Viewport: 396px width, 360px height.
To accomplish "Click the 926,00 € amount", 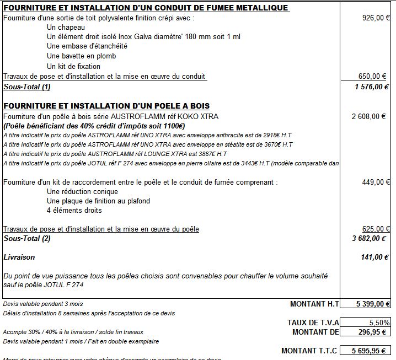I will tap(376, 18).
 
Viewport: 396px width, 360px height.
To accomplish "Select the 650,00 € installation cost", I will tap(374, 77).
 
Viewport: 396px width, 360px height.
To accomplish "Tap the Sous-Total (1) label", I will tap(27, 87).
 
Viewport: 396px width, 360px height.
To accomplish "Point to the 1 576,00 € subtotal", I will tap(372, 87).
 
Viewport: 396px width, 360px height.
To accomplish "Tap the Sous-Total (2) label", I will tap(27, 239).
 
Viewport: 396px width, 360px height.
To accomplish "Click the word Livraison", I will tap(19, 257).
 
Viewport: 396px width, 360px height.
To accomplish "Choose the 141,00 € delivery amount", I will tap(376, 257).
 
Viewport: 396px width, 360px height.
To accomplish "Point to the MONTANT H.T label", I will tap(314, 304).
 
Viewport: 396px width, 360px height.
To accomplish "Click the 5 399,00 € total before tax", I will tap(368, 304).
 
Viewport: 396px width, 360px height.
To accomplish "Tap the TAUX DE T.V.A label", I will tap(313, 323).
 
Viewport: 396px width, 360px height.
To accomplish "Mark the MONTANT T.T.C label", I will tap(309, 351).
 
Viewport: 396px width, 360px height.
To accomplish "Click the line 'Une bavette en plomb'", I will tap(81, 56).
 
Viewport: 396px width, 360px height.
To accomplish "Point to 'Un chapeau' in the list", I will tap(66, 28).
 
